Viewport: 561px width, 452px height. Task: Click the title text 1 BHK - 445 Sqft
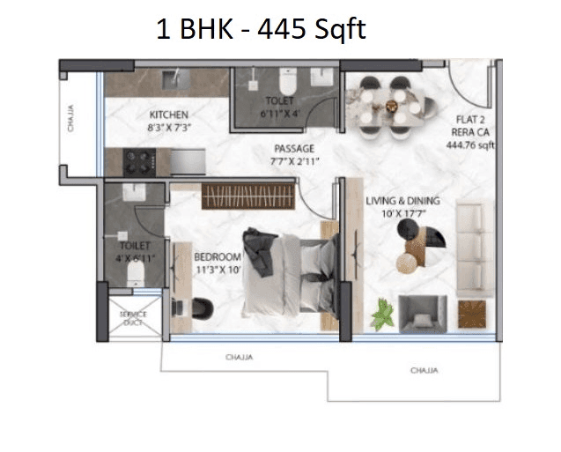pyautogui.click(x=260, y=30)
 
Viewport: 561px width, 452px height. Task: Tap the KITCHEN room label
pyautogui.click(x=168, y=115)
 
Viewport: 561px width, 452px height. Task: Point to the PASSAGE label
pyautogui.click(x=293, y=148)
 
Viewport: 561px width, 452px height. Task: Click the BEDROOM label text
pyautogui.click(x=217, y=256)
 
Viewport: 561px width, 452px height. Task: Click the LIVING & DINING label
pyautogui.click(x=402, y=201)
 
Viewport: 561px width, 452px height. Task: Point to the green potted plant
pyautogui.click(x=384, y=314)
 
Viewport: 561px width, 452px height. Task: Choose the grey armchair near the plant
pyautogui.click(x=422, y=313)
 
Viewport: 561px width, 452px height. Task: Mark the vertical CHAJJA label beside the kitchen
pyautogui.click(x=70, y=119)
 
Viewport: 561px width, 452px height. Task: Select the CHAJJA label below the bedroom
pyautogui.click(x=239, y=358)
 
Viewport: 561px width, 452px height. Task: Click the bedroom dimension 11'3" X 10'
pyautogui.click(x=218, y=270)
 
